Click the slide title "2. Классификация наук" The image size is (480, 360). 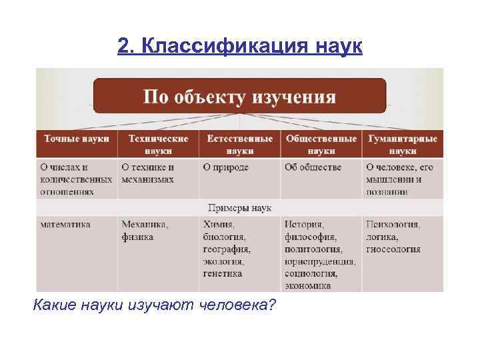[240, 46]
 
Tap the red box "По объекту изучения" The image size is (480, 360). [239, 97]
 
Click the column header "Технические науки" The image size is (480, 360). [157, 145]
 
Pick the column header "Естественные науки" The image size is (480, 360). [239, 145]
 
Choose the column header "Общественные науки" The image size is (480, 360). [321, 145]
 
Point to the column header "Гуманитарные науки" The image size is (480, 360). [402, 145]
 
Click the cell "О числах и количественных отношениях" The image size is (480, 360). [76, 179]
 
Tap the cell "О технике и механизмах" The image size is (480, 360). [148, 173]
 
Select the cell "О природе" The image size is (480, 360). [226, 167]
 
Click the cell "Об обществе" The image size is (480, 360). [313, 167]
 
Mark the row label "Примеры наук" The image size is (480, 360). [239, 208]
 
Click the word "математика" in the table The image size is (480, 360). [65, 225]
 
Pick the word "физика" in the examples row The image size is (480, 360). [137, 237]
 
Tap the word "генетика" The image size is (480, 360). [223, 273]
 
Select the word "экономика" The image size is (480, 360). [307, 285]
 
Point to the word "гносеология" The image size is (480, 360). [393, 249]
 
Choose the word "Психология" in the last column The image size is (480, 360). [393, 225]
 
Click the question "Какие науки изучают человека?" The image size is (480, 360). [154, 305]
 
